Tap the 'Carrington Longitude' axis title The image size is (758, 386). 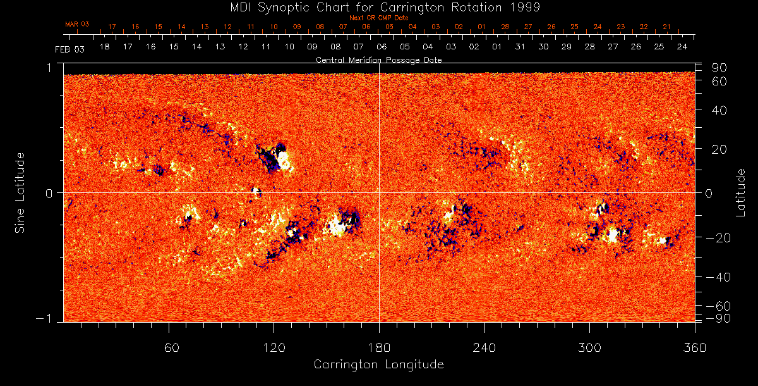378,364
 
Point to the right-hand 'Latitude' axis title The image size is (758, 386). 741,192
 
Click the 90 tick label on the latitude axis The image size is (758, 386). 720,68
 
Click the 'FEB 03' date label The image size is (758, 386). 69,49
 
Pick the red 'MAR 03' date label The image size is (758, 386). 77,24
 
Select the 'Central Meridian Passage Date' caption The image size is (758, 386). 378,60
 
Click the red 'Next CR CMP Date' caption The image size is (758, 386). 378,18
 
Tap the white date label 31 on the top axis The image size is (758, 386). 520,47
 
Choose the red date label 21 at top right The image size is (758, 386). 666,27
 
